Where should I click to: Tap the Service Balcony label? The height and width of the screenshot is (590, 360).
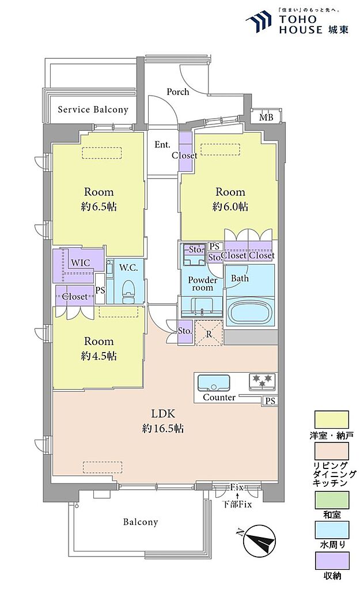coord(93,109)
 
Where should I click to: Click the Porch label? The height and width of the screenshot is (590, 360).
coord(178,92)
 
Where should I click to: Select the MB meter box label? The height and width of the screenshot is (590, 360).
coord(266,118)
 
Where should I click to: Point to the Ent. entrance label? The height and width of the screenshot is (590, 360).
coord(162,145)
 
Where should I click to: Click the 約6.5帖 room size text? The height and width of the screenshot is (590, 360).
coord(99,206)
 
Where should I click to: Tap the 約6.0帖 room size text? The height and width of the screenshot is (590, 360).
coord(230,206)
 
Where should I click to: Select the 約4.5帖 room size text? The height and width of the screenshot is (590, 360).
coord(99,355)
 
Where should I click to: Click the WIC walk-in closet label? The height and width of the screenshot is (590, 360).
coord(81,262)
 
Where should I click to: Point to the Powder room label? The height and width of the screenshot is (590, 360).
coord(203,283)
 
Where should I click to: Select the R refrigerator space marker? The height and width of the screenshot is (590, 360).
coord(209,332)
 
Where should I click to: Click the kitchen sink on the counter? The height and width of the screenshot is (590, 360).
coord(214,383)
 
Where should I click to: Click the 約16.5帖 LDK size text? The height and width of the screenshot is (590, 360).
coord(163,428)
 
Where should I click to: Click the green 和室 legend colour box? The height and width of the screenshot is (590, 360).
coord(331,500)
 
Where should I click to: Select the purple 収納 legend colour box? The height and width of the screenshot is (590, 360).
coord(331,560)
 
